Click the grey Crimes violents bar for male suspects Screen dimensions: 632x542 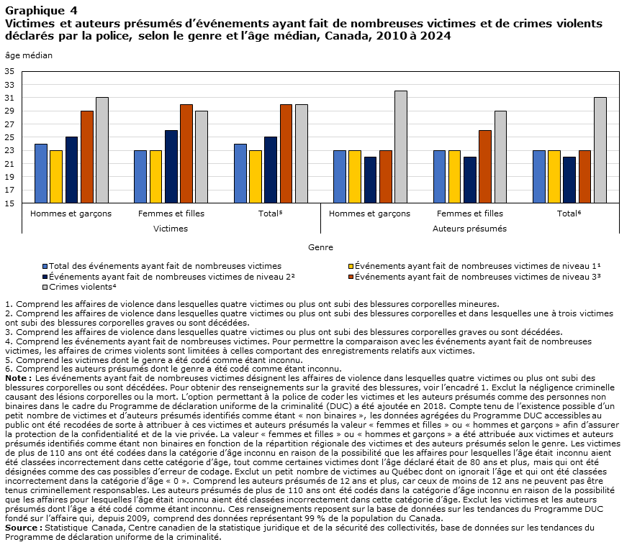401,147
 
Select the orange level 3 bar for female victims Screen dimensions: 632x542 186,154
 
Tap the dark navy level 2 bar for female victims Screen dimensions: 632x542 171,167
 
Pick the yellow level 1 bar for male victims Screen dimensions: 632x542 56,177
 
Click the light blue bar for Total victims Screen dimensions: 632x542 240,173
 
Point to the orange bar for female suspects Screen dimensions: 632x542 485,167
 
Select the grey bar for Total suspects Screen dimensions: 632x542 600,150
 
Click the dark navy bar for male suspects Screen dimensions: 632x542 370,180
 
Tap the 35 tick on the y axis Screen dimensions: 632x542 9,72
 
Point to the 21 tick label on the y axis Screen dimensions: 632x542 9,164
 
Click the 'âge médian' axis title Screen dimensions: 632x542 29,55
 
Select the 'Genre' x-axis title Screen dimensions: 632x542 320,247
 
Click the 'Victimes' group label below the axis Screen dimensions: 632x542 171,229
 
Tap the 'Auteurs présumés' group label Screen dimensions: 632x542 469,229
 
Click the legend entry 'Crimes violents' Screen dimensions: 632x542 80,287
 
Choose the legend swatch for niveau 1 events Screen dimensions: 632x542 351,267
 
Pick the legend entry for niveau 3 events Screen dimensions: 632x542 475,277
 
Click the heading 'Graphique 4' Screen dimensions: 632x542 42,11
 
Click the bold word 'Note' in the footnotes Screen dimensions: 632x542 16,378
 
